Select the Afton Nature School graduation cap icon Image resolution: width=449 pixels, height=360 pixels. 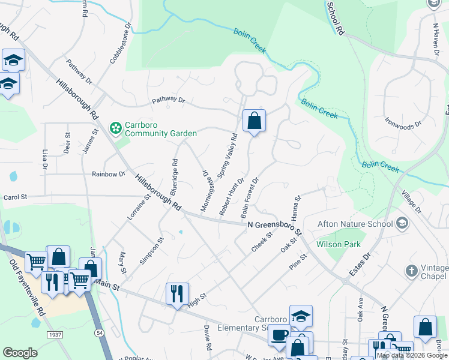click(402, 224)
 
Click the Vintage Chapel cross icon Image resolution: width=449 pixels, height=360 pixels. click(411, 271)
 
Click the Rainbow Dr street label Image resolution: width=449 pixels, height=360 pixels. click(109, 174)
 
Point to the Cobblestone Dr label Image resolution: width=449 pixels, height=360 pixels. click(119, 43)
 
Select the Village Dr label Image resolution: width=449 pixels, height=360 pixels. click(412, 202)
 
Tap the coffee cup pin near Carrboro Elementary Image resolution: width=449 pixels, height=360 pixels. click(279, 335)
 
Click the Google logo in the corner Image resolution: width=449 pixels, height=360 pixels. click(20, 353)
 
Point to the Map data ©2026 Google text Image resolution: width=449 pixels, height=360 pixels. click(411, 355)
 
